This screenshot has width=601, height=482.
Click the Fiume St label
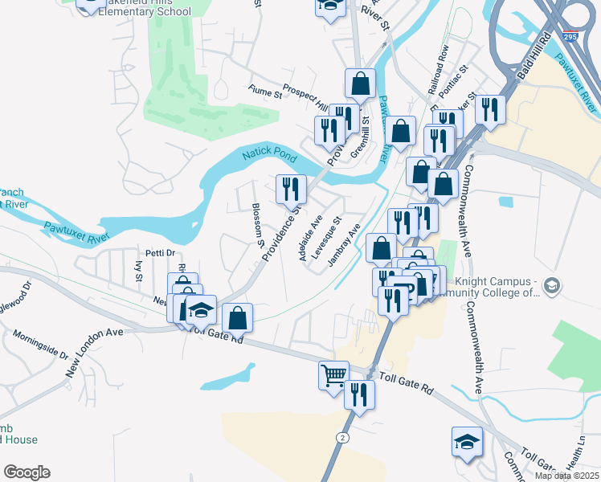(265, 95)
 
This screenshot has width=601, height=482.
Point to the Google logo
(27, 472)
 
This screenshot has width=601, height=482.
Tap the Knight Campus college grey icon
(551, 284)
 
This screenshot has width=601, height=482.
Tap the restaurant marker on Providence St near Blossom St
(290, 189)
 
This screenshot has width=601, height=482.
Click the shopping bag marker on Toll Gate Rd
(237, 317)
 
